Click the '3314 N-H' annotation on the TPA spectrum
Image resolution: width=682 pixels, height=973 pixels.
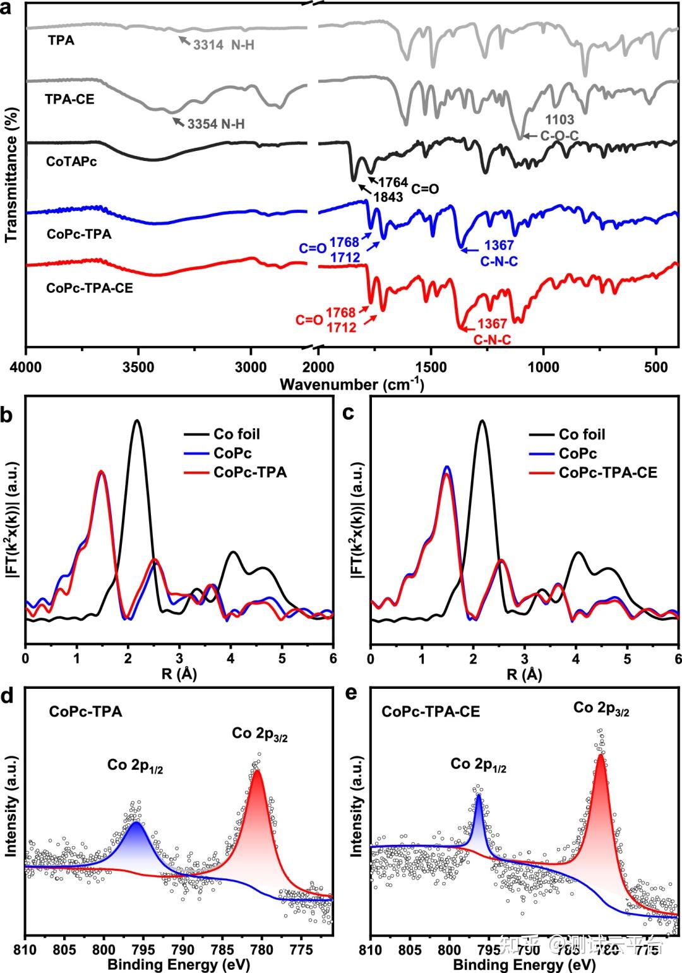tap(224, 45)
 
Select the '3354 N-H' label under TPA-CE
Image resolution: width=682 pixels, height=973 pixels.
tap(215, 124)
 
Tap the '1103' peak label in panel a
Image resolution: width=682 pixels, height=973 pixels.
tap(559, 120)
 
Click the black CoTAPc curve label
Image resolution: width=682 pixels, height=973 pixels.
tap(71, 162)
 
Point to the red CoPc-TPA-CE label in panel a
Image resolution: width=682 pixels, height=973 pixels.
tap(90, 289)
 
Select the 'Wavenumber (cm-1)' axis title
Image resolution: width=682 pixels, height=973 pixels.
tap(352, 384)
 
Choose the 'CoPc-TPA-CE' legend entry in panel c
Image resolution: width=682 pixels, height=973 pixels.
tap(607, 472)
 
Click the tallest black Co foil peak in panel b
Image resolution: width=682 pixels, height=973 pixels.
tap(136, 421)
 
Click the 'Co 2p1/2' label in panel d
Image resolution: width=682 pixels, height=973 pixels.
tap(135, 765)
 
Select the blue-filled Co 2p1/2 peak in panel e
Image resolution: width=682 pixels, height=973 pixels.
tap(478, 815)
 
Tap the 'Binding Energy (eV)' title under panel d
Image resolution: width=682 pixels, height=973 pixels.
tap(179, 964)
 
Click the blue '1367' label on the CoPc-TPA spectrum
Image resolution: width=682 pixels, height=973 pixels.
tap(499, 246)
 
